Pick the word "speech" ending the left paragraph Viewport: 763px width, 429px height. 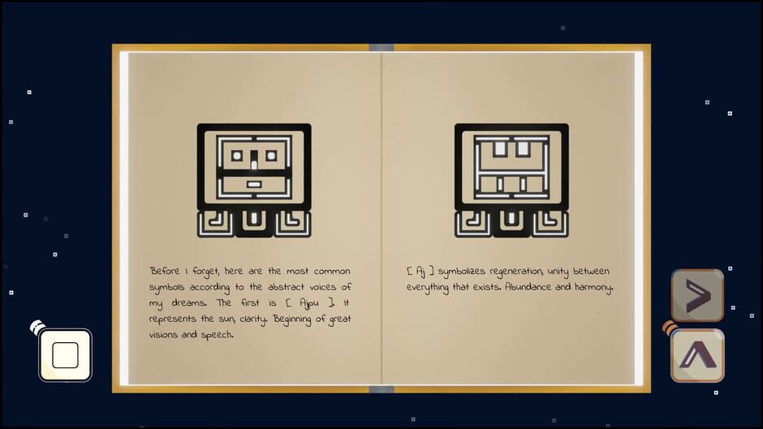(217, 335)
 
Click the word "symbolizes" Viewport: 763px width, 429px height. (460, 271)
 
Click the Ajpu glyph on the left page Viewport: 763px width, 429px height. (254, 180)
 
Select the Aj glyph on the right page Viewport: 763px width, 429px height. (511, 180)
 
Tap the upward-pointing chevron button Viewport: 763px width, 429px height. (697, 355)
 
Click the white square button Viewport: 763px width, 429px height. (65, 355)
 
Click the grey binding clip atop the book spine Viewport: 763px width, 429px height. (381, 47)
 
